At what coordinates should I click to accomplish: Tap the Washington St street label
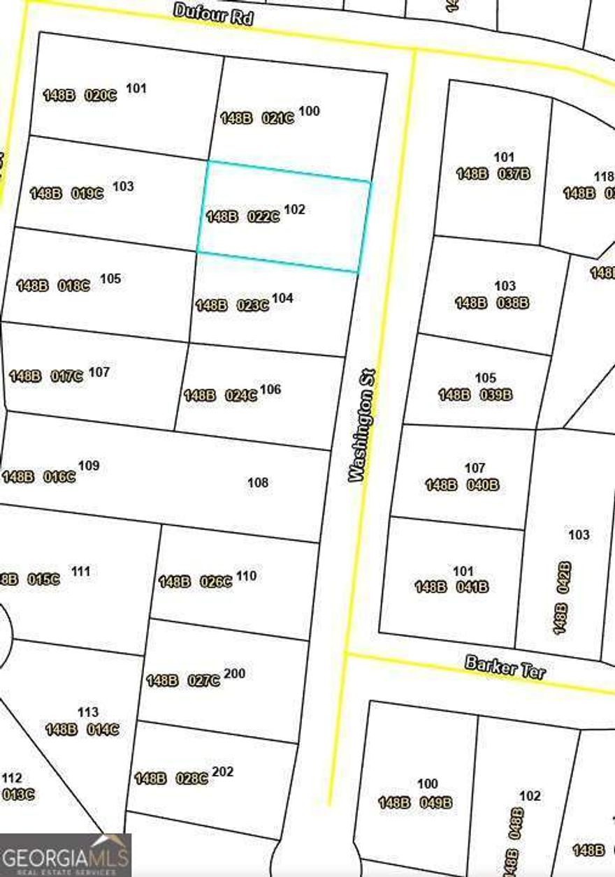coord(363,426)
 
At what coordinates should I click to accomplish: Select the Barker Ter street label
coord(505,668)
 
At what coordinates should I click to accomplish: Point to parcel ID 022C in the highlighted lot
coord(263,217)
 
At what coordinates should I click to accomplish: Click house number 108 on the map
coord(258,482)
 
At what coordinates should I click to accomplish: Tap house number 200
coord(235,674)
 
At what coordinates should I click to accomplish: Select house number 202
coord(222,772)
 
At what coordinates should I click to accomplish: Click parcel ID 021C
coord(278,118)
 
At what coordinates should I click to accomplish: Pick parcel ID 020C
coord(101,96)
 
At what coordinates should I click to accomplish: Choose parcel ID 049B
coord(436,803)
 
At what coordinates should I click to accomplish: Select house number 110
coord(246,576)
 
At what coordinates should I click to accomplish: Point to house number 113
coord(88,712)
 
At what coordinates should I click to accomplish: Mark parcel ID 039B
coord(496,395)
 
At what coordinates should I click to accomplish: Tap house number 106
coord(270,389)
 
